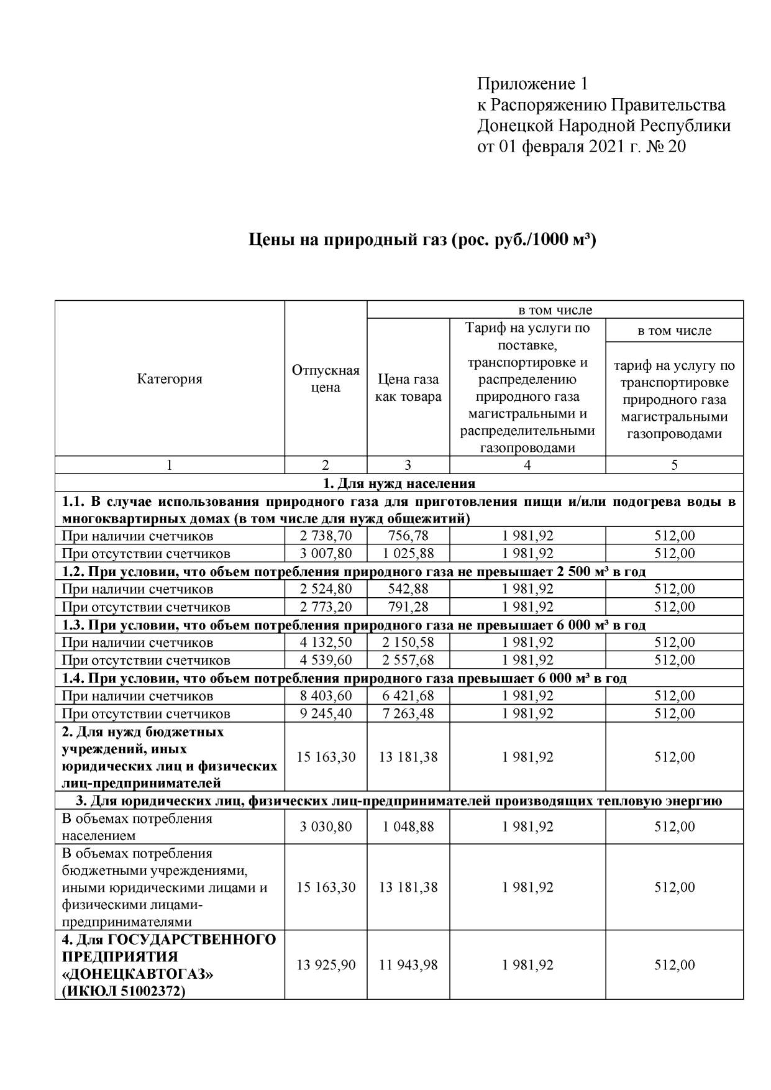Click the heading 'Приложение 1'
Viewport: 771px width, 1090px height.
[532, 84]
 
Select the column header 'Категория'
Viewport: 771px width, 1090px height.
[170, 379]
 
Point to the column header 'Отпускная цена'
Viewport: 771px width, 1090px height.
[326, 379]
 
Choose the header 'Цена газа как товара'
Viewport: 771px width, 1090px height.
[408, 388]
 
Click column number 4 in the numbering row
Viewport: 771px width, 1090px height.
[527, 465]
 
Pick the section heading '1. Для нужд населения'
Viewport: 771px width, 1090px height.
[399, 483]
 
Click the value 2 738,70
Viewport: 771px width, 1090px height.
[326, 536]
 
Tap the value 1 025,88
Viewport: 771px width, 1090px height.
[408, 553]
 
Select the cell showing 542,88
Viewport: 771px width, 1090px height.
[408, 589]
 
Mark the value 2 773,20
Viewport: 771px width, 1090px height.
[326, 607]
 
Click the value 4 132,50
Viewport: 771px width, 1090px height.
[326, 642]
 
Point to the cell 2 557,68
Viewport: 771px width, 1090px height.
[408, 660]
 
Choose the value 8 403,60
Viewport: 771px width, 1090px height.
[326, 695]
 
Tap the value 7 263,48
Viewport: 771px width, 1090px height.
[408, 713]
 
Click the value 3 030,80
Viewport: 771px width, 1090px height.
[326, 827]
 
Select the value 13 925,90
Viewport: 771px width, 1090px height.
[326, 965]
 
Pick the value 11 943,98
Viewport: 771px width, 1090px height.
[408, 965]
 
